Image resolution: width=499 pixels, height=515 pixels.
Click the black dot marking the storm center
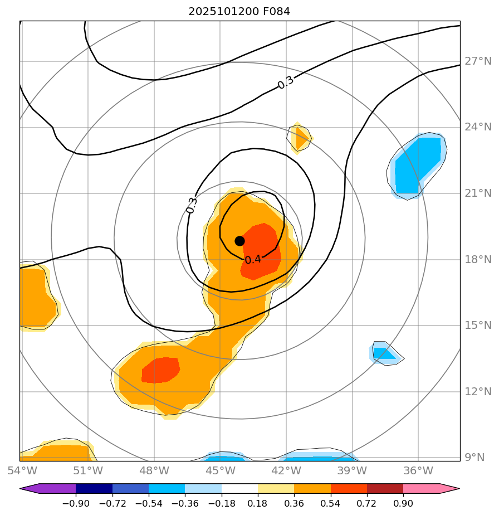239,241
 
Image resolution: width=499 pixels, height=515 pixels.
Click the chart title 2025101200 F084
239,11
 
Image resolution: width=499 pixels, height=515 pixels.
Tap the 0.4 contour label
253,259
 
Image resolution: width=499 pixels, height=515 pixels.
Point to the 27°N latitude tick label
478,61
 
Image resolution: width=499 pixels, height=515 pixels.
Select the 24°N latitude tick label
478,127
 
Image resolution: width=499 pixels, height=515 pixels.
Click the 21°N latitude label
478,193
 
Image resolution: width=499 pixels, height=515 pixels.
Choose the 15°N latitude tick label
478,325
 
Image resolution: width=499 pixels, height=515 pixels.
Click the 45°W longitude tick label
220,471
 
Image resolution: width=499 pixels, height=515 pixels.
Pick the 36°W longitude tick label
418,471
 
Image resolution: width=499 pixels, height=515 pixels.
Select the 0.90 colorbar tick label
403,504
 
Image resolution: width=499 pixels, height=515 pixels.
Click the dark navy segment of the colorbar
94,489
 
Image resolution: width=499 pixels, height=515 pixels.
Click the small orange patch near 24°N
301,138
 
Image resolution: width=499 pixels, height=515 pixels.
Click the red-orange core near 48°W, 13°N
160,370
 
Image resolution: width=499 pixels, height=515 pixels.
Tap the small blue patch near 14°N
384,353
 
